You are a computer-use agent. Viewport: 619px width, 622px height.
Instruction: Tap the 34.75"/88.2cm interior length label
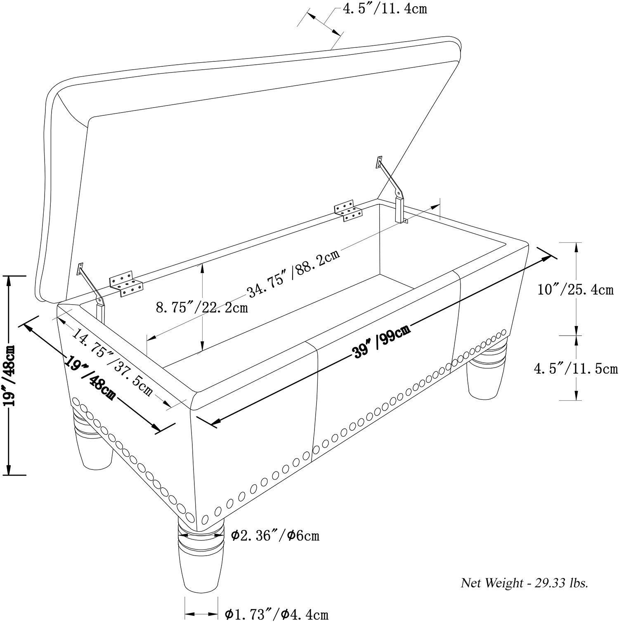pyautogui.click(x=293, y=273)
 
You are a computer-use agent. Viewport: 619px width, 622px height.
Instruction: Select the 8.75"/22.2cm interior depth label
pyautogui.click(x=202, y=307)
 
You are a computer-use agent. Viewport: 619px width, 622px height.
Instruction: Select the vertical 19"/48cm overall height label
pyautogui.click(x=9, y=375)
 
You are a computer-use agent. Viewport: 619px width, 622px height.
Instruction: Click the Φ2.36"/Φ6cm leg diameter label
pyautogui.click(x=275, y=535)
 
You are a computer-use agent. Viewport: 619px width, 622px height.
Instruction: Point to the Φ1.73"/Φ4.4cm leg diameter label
pyautogui.click(x=276, y=614)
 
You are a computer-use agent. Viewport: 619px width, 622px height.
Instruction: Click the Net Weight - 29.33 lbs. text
pyautogui.click(x=524, y=582)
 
